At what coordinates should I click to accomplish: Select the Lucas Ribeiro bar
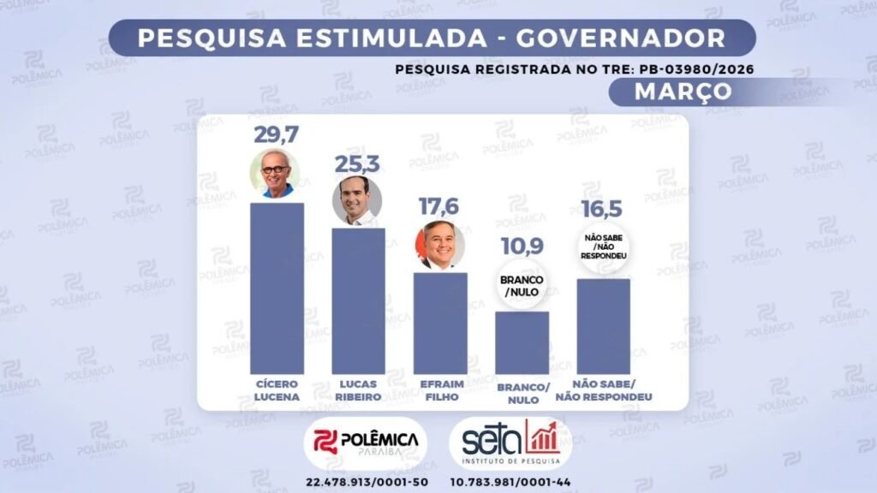pos(358,300)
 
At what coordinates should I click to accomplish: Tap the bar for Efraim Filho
pos(440,323)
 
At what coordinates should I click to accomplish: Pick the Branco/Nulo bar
pos(522,342)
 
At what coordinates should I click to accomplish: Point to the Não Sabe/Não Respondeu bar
pos(603,326)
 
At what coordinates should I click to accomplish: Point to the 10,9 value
pos(522,248)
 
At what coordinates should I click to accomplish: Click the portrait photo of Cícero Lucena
pos(275,174)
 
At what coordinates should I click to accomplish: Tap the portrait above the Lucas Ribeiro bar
pos(357,200)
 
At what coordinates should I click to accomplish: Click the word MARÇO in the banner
pos(683,92)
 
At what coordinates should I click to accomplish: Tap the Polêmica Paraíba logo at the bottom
pos(366,442)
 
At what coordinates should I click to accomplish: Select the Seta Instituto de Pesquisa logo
pos(510,442)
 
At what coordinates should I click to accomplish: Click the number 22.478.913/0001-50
pos(366,481)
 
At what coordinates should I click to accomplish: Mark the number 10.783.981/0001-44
pos(511,481)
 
